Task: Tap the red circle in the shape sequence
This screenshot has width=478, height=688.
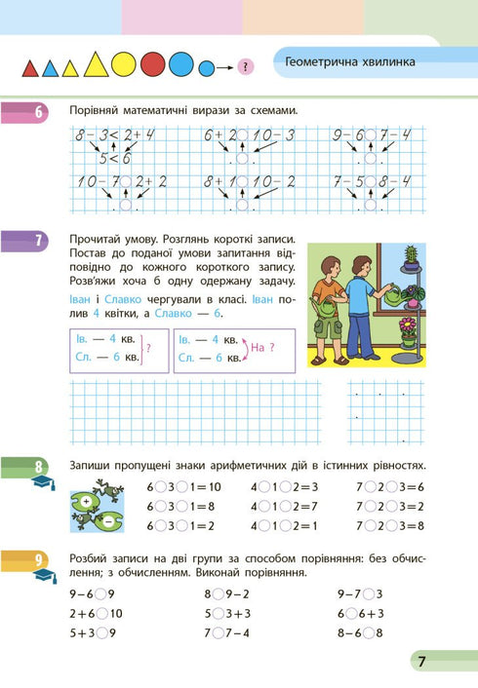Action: [x=152, y=65]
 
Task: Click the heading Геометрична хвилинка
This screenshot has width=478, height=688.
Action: [x=351, y=62]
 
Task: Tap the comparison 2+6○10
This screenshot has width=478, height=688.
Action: [x=97, y=614]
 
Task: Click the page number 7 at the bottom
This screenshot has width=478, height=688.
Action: [x=421, y=662]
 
